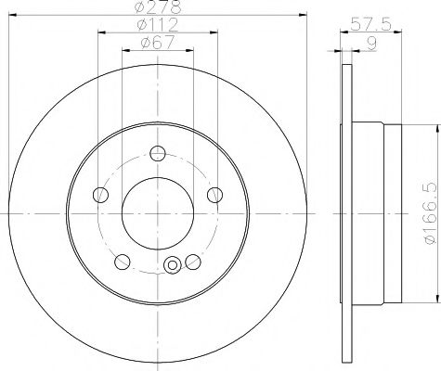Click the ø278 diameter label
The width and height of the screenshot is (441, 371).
coord(158,7)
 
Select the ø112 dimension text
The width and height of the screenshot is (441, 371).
coord(157,24)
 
